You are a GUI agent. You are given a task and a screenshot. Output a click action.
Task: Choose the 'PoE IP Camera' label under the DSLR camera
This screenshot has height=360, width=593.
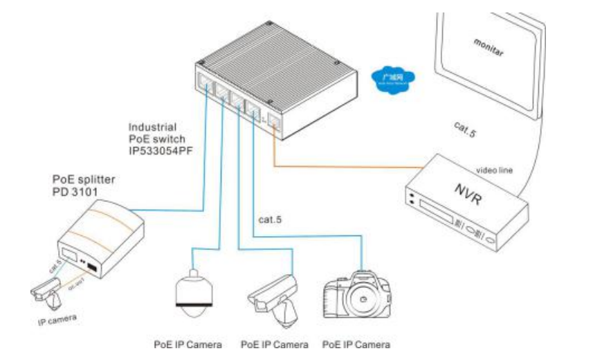356,344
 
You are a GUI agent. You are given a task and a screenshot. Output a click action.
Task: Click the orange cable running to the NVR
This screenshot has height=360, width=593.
346,166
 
